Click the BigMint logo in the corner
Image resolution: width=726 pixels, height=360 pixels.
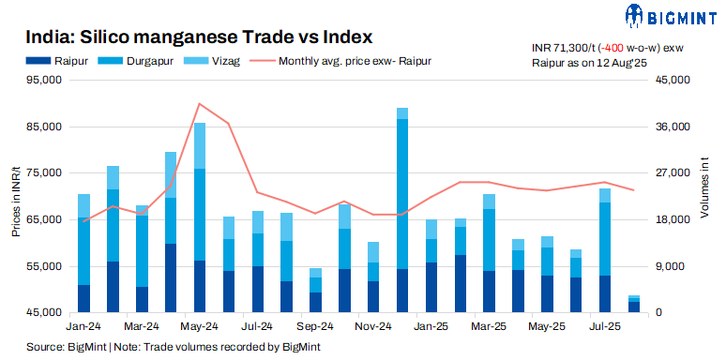pos(670,16)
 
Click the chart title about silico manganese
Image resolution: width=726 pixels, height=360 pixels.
pos(199,37)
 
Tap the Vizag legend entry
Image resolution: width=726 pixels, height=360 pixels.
pos(219,61)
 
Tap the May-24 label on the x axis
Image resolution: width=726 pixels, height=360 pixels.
pos(199,326)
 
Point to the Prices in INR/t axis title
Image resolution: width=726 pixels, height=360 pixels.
pos(16,197)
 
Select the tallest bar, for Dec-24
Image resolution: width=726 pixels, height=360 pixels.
pos(402,210)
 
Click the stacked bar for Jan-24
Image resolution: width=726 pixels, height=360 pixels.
pos(83,253)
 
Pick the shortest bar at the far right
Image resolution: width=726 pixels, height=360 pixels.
pos(634,305)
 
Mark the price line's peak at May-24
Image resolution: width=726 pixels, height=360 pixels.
pos(199,103)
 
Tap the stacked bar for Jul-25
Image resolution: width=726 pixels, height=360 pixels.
pos(605,250)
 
